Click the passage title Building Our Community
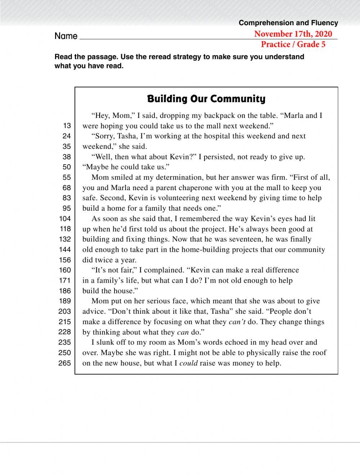click(206, 99)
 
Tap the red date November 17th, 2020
click(293, 34)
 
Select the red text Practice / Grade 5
click(293, 44)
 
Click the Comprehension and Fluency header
click(288, 23)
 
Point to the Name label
click(66, 36)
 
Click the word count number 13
click(67, 126)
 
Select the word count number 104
click(65, 219)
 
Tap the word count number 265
click(65, 363)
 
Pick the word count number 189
click(65, 301)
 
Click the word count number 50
click(67, 167)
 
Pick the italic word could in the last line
click(189, 363)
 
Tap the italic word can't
click(237, 322)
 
